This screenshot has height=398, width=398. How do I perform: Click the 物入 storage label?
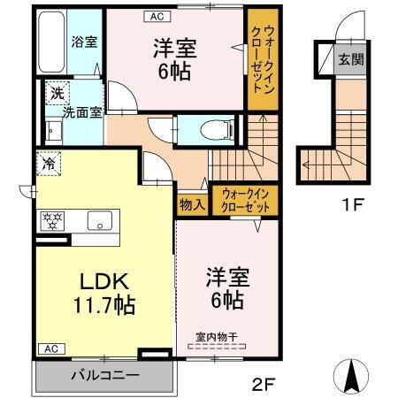pyautogui.click(x=192, y=204)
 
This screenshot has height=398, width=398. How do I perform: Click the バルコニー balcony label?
pyautogui.click(x=105, y=376)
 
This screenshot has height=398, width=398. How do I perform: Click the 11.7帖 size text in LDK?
pyautogui.click(x=105, y=306)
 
